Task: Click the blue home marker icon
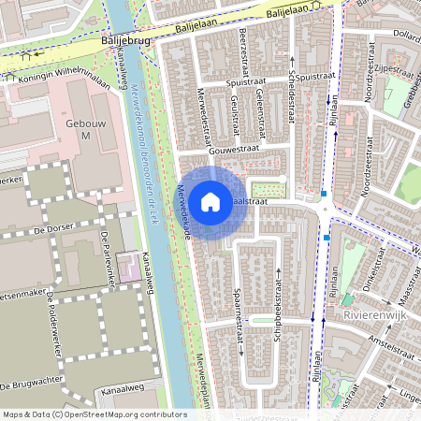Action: click(210, 201)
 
